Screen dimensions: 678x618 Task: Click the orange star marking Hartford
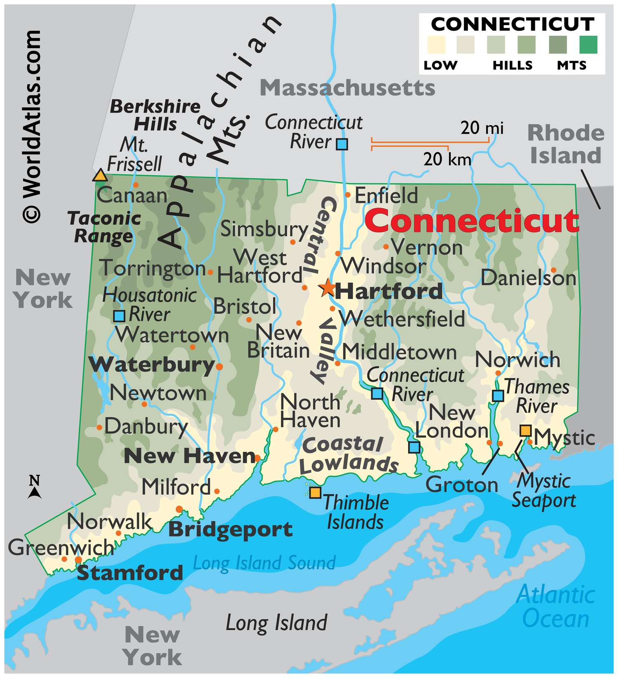tap(328, 288)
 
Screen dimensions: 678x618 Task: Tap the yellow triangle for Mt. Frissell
tap(100, 175)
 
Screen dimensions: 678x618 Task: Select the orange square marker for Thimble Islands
tap(315, 493)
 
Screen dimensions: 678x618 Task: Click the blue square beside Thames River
tap(498, 396)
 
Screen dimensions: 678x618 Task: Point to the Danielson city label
tap(528, 278)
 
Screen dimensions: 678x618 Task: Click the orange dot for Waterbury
tap(219, 367)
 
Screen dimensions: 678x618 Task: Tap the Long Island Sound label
tap(264, 563)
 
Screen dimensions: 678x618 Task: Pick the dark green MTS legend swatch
tap(588, 44)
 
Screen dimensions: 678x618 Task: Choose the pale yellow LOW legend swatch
tap(436, 44)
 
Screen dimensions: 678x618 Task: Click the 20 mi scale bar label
tap(482, 128)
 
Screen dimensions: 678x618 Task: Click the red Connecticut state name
tap(472, 221)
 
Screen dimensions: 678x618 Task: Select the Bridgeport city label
tap(230, 530)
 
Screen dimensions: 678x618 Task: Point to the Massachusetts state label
tap(347, 88)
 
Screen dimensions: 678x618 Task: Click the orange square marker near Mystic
tap(525, 430)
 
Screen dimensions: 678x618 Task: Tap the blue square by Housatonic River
tap(119, 316)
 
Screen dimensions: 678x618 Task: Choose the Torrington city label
tap(152, 269)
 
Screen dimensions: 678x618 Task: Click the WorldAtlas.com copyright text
tap(32, 126)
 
